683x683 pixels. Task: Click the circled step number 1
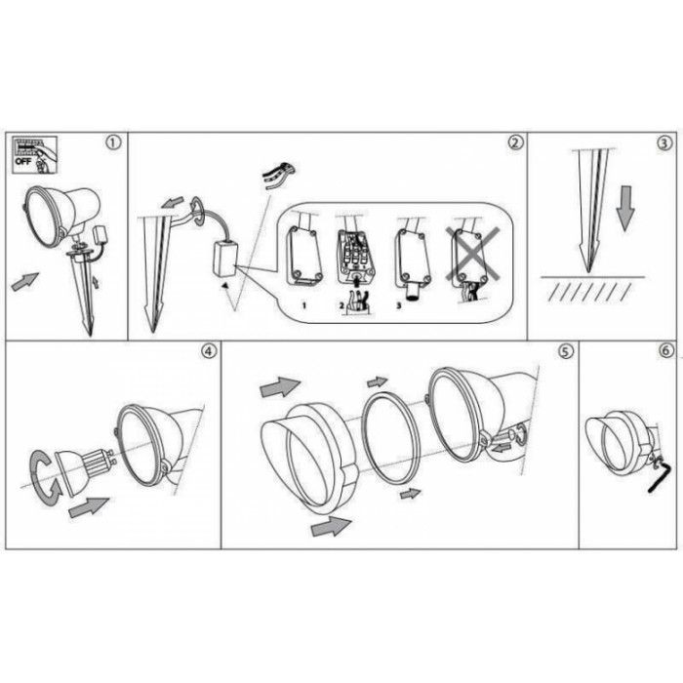(x=113, y=142)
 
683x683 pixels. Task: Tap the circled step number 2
(x=515, y=142)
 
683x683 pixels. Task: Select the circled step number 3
(x=663, y=143)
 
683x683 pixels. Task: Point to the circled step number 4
(x=209, y=351)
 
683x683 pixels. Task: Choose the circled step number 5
(x=565, y=351)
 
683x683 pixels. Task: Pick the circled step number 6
(x=666, y=350)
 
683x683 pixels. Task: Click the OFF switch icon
(x=34, y=154)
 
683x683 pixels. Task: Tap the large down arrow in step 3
(x=625, y=208)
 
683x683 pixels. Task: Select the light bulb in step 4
(x=85, y=471)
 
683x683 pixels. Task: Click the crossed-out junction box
(x=472, y=261)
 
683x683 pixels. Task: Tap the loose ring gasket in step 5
(x=390, y=437)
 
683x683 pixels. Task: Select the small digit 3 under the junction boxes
(x=398, y=305)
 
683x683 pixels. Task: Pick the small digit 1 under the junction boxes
(x=304, y=305)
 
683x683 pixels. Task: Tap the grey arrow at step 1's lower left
(x=24, y=281)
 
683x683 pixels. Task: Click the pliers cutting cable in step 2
(x=279, y=175)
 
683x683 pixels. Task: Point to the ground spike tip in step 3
(x=589, y=272)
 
